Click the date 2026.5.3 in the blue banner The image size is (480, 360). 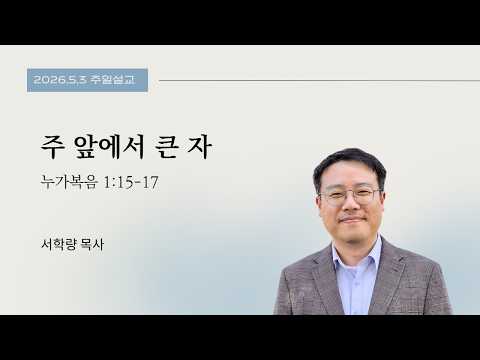coord(60,80)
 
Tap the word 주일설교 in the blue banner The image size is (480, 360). coord(112,80)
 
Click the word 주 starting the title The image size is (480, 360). coord(52,147)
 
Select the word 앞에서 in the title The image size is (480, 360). coord(110,147)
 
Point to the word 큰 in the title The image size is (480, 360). coord(167,147)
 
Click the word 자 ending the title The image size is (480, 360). coord(200,147)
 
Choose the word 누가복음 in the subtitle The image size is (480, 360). coord(69,182)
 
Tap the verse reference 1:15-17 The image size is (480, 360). coord(131,182)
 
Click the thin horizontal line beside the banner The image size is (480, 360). coord(319,80)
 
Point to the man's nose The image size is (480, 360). coord(351,205)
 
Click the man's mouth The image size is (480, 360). coord(352,220)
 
